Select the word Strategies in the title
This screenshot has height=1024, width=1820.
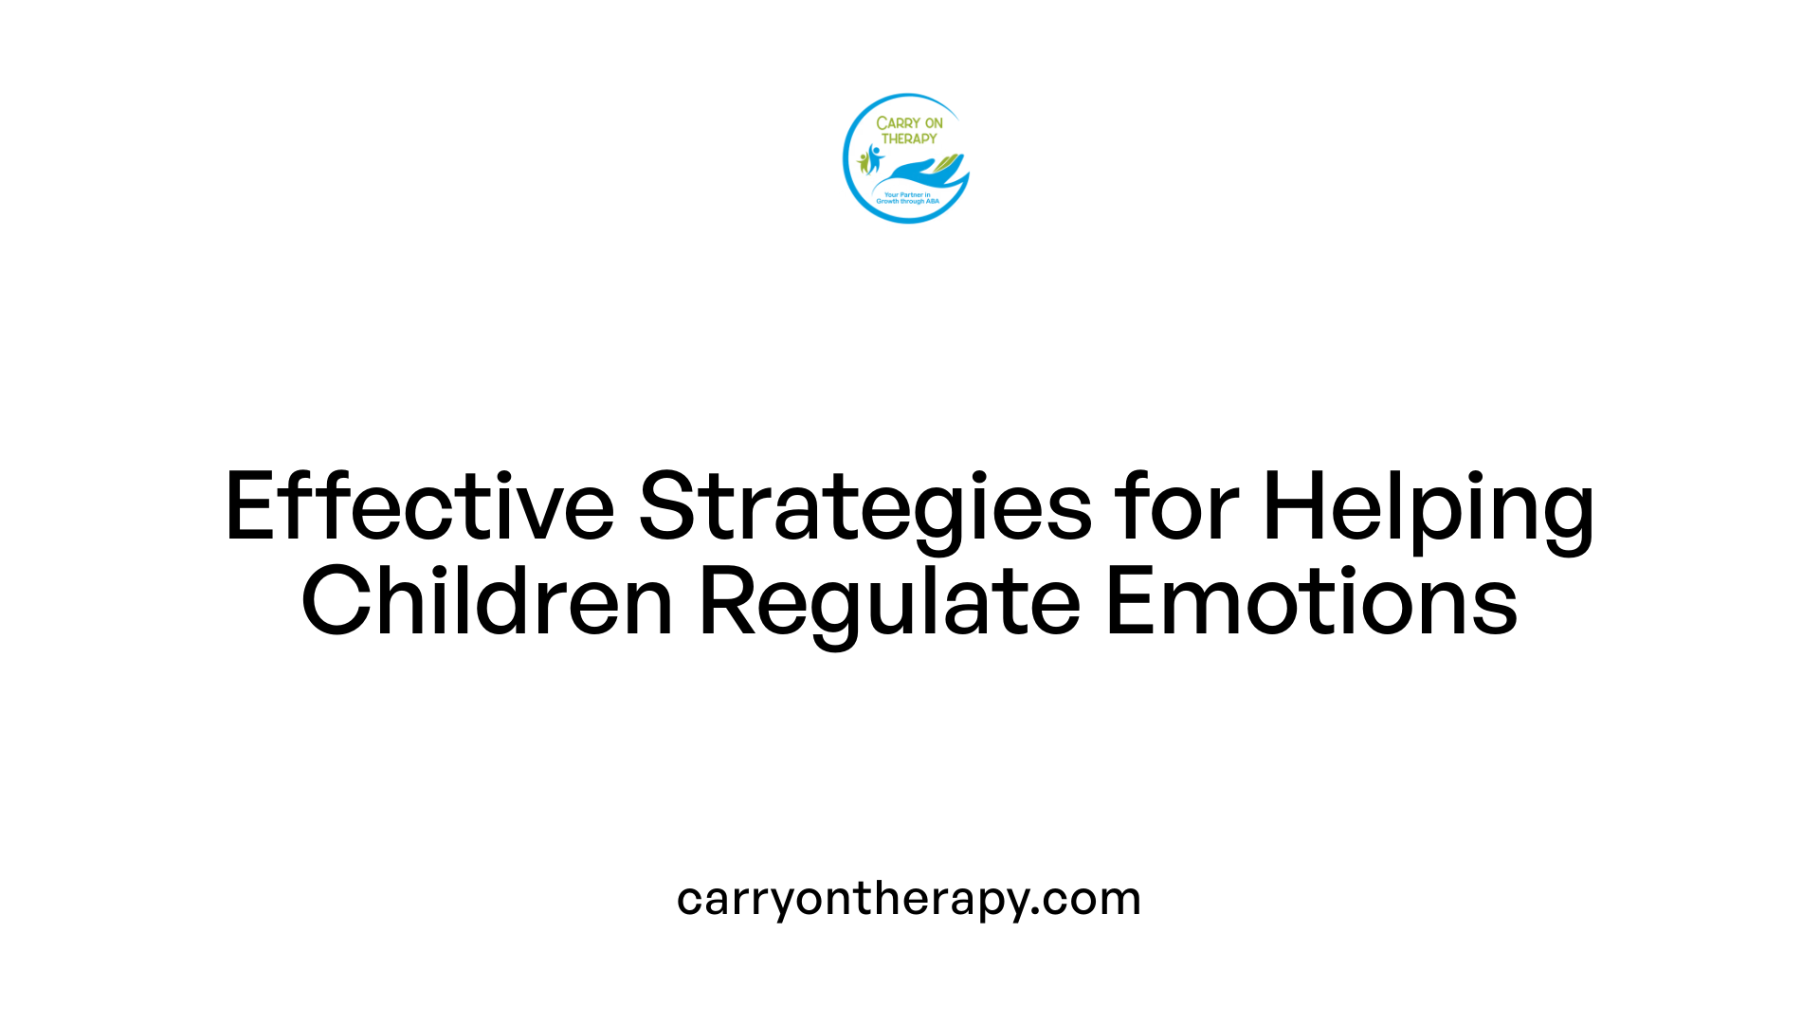point(864,506)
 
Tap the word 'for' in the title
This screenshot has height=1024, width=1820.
point(1176,506)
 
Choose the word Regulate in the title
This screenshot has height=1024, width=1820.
point(889,601)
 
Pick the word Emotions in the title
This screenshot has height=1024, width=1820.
point(1311,601)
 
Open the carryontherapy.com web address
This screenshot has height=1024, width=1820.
point(909,898)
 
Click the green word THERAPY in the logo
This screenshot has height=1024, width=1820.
point(909,138)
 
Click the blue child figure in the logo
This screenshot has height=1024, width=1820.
point(873,157)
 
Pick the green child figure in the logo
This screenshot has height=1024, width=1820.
point(863,162)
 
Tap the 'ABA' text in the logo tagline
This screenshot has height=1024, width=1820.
point(932,202)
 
